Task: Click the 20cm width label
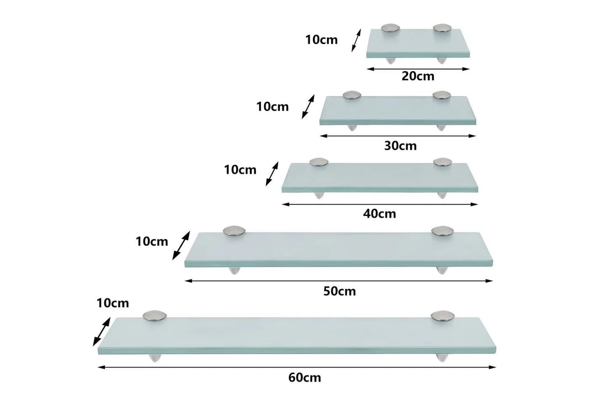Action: pyautogui.click(x=418, y=76)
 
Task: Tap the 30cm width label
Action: pyautogui.click(x=401, y=146)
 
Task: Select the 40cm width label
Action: pyautogui.click(x=379, y=214)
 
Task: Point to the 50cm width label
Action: pyautogui.click(x=340, y=291)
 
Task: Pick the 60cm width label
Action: pyautogui.click(x=305, y=378)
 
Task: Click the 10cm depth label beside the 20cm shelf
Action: pyautogui.click(x=321, y=40)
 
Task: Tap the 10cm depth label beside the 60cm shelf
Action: pyautogui.click(x=113, y=303)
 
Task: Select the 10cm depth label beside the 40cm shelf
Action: pyautogui.click(x=240, y=170)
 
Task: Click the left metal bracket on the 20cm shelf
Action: pyautogui.click(x=390, y=28)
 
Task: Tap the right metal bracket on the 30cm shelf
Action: pyautogui.click(x=442, y=95)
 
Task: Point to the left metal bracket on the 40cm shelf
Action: pyautogui.click(x=319, y=162)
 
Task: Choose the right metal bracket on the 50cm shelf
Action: pyautogui.click(x=443, y=231)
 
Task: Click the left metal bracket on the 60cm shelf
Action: pyautogui.click(x=155, y=316)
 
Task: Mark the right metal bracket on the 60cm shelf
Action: pyautogui.click(x=443, y=316)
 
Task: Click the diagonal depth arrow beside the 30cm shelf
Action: pyautogui.click(x=308, y=107)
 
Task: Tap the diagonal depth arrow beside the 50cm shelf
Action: pyautogui.click(x=181, y=246)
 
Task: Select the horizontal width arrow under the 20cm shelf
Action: pyautogui.click(x=418, y=69)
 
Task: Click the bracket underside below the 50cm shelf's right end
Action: pyautogui.click(x=441, y=270)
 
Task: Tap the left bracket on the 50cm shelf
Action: pyautogui.click(x=234, y=231)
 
